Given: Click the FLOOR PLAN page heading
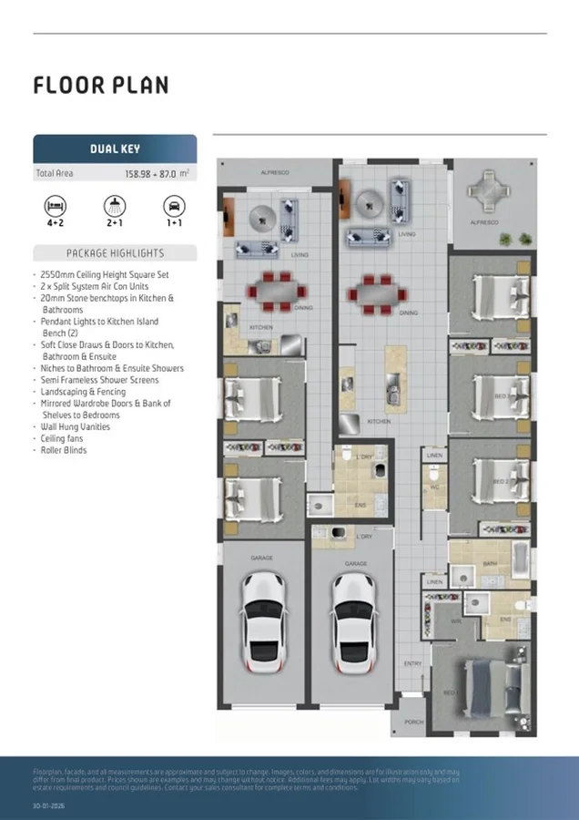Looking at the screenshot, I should [101, 86].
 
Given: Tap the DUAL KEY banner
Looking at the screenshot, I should [115, 149].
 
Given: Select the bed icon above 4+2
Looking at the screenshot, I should [56, 204].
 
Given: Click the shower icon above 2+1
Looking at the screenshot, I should [115, 204].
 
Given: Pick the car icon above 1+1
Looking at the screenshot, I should [174, 204].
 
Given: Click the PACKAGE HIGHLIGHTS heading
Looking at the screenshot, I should [115, 253].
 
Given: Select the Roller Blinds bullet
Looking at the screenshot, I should [63, 450].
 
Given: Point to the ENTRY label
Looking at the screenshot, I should [412, 663].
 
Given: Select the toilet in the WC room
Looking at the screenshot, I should [436, 475].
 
